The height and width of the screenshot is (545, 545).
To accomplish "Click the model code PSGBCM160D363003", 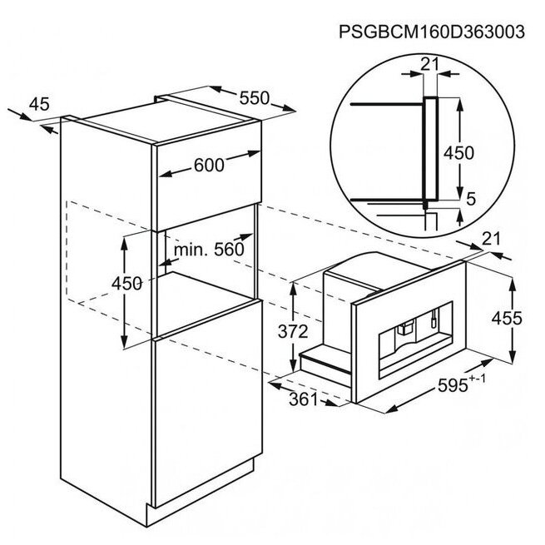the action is [431, 32].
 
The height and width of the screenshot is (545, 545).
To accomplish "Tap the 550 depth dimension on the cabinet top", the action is [255, 98].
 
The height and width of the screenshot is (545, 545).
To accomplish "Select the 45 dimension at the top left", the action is [39, 104].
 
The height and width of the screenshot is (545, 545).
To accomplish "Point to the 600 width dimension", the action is [209, 165].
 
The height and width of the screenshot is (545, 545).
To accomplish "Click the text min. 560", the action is [209, 250].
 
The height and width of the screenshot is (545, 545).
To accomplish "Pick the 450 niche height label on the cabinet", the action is [126, 283].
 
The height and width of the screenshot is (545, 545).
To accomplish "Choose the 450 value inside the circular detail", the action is [458, 153].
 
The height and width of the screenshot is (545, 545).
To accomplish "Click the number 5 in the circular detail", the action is [471, 199].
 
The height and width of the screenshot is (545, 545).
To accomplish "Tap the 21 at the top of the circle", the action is [430, 64].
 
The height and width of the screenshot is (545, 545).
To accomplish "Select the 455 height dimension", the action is [507, 318].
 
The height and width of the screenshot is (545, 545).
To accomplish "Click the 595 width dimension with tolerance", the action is [461, 384].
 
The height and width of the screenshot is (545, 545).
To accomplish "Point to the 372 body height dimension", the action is [293, 331].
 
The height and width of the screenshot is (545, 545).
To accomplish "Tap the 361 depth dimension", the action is [304, 399].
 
